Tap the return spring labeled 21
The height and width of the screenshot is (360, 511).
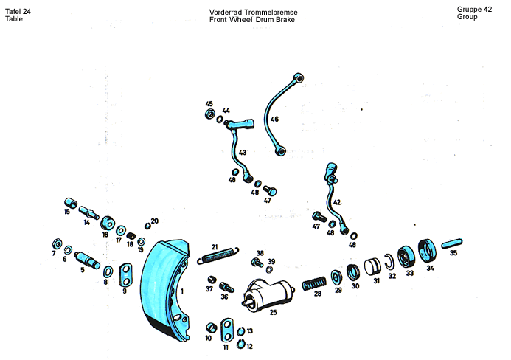point(218,255)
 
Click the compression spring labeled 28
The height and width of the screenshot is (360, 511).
point(314,284)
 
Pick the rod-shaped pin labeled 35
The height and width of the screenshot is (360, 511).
point(452,243)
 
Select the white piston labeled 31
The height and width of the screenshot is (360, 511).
point(372,266)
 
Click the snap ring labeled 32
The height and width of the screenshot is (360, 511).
point(389,262)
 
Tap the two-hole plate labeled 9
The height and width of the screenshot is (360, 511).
point(125,275)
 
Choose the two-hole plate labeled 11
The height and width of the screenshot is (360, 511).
point(227,330)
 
